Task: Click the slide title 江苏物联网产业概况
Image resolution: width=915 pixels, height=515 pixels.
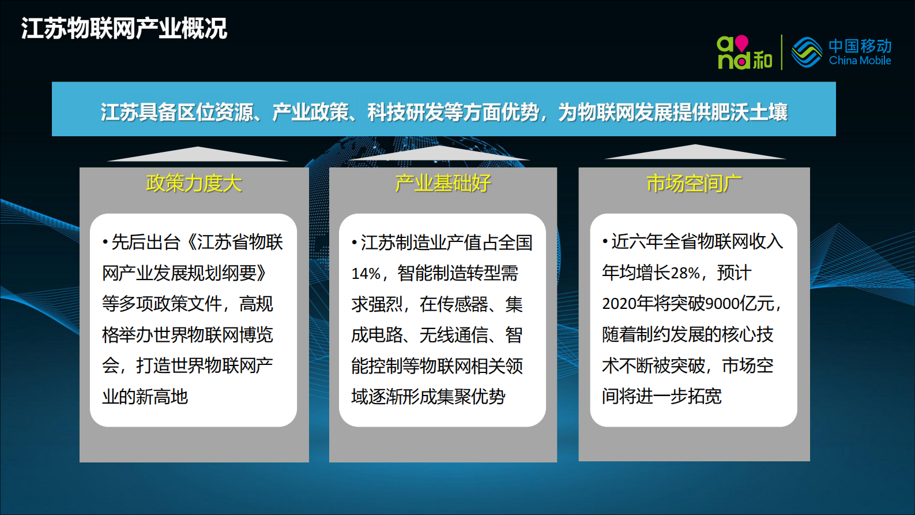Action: [124, 28]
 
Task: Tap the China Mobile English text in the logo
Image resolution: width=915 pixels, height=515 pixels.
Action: [860, 61]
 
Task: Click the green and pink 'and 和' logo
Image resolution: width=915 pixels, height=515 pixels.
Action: [744, 53]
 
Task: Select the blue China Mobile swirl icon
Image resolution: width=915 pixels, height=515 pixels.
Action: [807, 53]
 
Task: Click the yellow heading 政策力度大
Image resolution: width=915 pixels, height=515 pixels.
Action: [194, 184]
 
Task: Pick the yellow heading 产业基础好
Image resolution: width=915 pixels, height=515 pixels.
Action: [443, 184]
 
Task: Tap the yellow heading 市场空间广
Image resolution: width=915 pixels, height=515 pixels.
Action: [694, 184]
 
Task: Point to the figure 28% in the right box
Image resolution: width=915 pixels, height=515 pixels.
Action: [685, 273]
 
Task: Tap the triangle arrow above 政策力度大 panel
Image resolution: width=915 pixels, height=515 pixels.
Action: [197, 155]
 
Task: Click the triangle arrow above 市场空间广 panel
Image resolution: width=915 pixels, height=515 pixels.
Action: [695, 152]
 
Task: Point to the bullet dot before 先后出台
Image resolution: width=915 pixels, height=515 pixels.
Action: [106, 242]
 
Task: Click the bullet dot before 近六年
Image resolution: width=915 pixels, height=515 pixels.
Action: [605, 241]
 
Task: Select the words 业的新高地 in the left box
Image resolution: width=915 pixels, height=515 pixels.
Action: [145, 397]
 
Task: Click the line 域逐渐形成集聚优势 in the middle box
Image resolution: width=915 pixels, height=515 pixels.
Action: [428, 397]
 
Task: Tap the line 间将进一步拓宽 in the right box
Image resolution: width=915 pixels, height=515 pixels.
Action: [662, 396]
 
